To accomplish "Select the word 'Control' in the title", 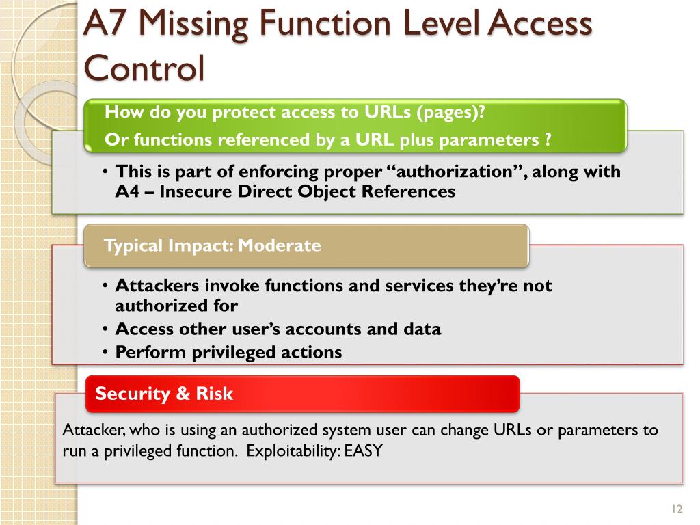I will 144,68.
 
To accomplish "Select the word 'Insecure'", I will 196,191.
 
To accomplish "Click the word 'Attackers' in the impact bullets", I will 154,285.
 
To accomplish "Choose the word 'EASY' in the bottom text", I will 363,451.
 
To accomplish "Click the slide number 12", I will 677,509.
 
